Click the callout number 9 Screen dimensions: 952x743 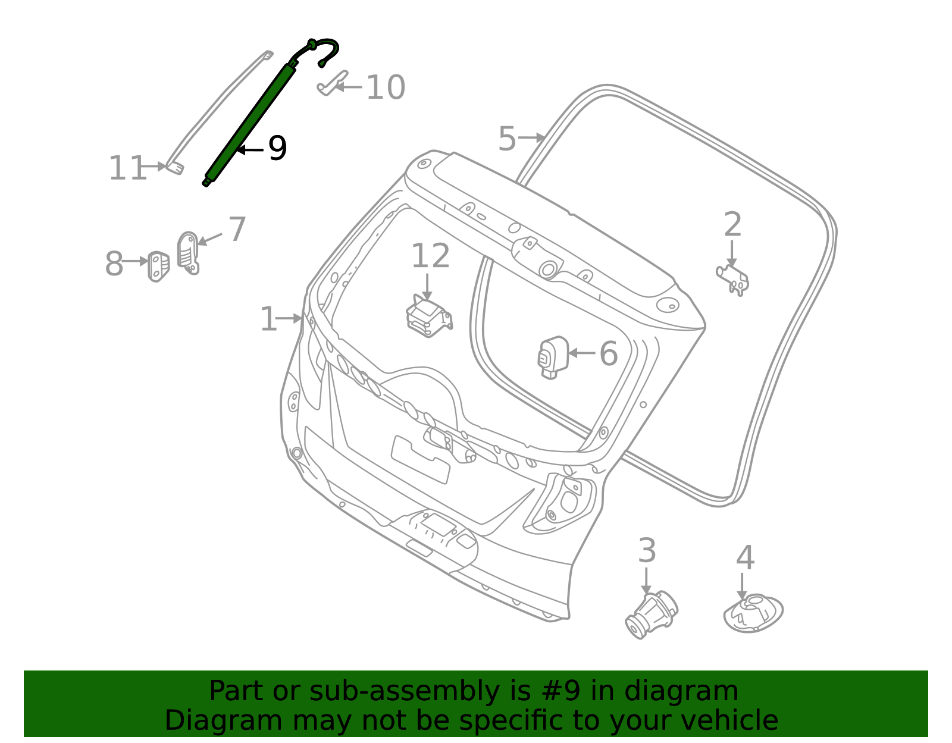[277, 148]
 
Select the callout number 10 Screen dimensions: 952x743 [386, 87]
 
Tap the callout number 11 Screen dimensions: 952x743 [127, 168]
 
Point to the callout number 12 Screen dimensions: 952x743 [430, 256]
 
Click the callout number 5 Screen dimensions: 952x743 [507, 139]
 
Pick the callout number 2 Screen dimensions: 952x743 [732, 225]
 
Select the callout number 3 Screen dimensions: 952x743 [647, 551]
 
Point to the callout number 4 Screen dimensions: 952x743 [745, 558]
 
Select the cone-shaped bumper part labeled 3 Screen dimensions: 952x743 [651, 615]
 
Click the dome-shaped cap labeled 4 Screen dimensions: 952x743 [753, 613]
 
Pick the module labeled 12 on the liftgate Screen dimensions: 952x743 [428, 315]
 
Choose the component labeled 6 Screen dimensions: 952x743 [552, 357]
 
